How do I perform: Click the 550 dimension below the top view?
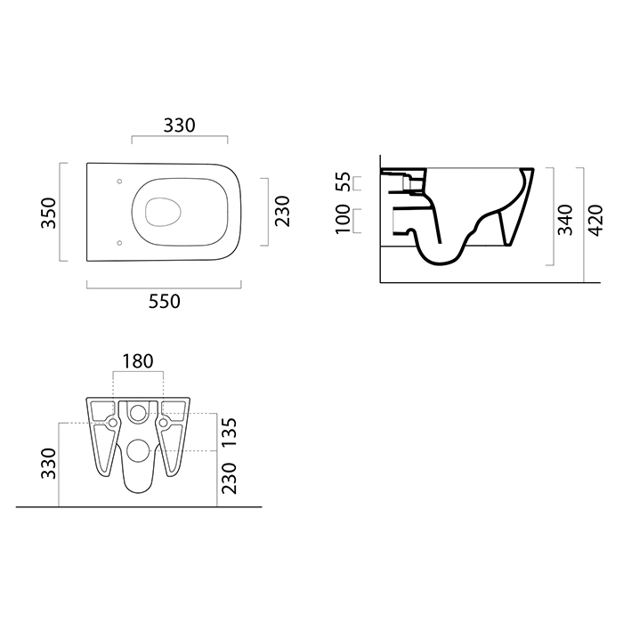click(165, 302)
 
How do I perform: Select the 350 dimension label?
click(49, 213)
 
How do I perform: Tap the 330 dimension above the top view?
click(179, 125)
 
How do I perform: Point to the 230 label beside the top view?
click(282, 211)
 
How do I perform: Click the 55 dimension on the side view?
click(344, 182)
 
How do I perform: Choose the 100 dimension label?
click(344, 219)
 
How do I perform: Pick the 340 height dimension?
click(565, 220)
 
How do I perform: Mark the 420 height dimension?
click(595, 221)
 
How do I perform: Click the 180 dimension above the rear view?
click(137, 361)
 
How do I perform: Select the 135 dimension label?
click(230, 433)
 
